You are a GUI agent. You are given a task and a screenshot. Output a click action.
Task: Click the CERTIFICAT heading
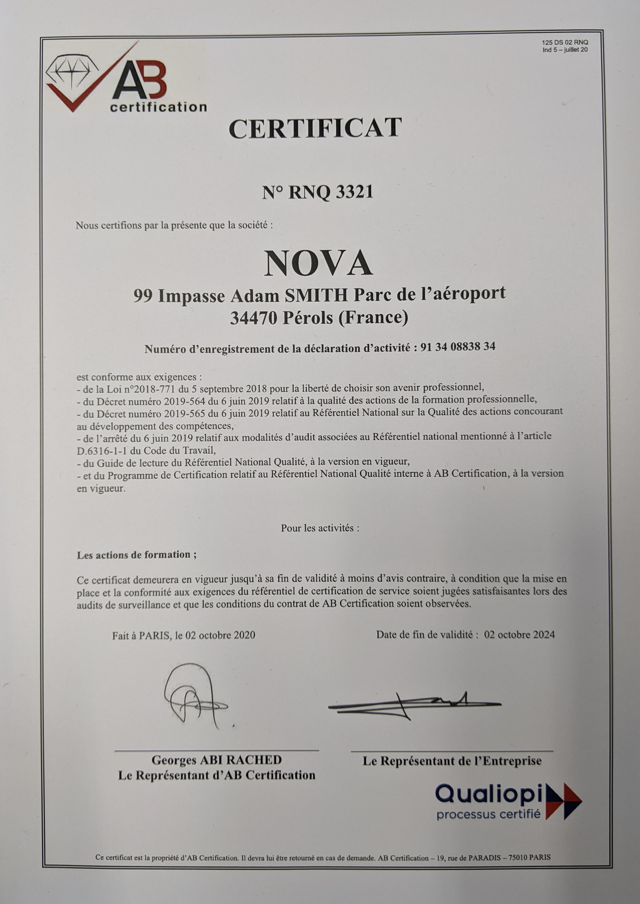[x=315, y=128]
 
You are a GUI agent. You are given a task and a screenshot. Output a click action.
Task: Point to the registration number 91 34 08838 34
[x=458, y=347]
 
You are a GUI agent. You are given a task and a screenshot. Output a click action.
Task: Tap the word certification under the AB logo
[x=158, y=107]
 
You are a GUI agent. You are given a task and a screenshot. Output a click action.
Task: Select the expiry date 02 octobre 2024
[x=520, y=635]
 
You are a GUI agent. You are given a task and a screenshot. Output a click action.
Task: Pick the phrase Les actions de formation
[x=136, y=555]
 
